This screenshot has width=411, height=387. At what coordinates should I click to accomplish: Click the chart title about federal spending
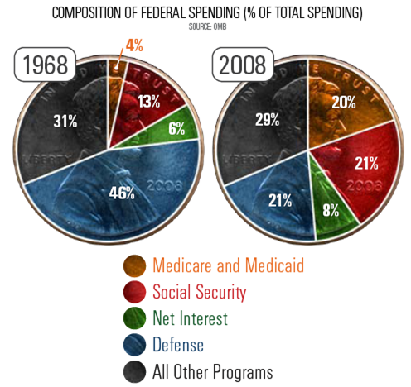point(205,13)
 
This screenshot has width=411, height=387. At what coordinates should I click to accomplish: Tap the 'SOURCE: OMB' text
point(205,26)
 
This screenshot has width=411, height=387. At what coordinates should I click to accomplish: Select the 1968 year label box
point(46,65)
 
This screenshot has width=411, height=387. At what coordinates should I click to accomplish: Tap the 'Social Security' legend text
point(199,292)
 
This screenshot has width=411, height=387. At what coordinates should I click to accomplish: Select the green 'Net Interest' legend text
point(191,318)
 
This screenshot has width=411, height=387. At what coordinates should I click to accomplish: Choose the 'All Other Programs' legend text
point(212,371)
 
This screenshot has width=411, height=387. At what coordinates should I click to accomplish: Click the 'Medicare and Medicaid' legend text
point(228,266)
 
